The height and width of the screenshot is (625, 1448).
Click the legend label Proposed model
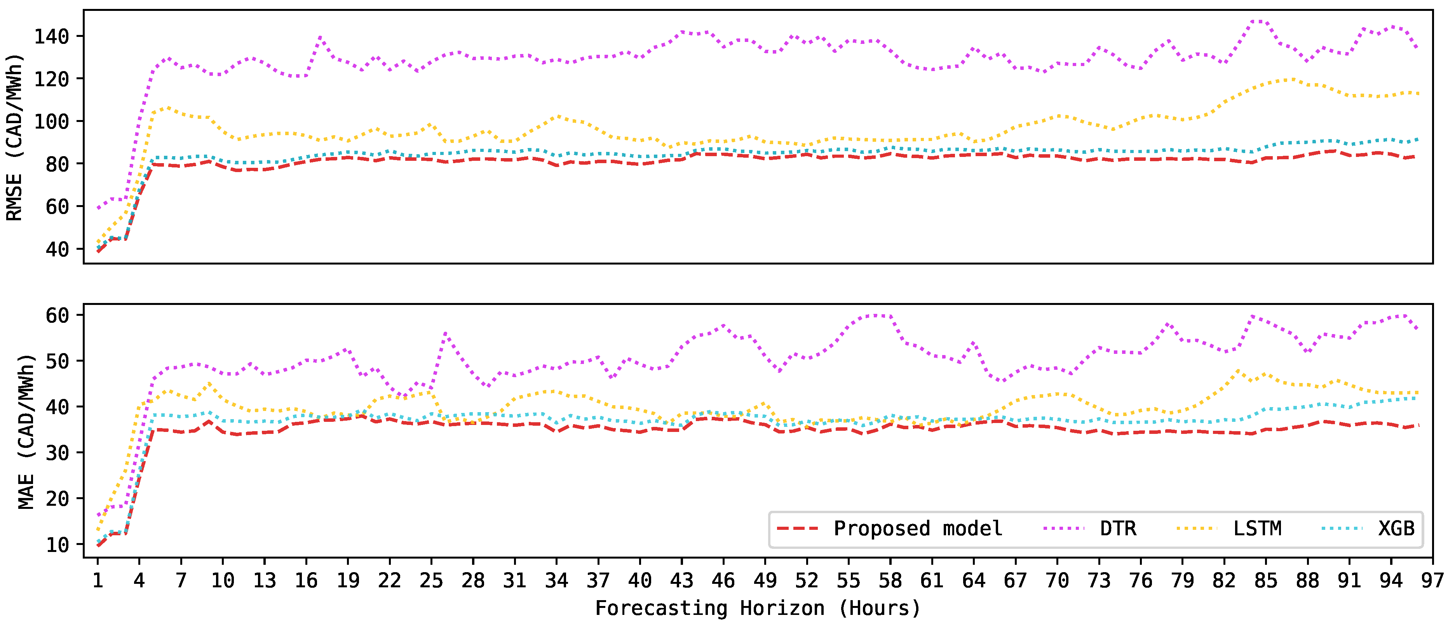pos(917,529)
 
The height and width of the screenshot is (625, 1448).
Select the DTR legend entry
pos(1117,529)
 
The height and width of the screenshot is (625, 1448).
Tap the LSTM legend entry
pos(1257,529)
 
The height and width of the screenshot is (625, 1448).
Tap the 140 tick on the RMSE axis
pos(52,37)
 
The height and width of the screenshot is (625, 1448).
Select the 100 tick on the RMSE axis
pos(52,122)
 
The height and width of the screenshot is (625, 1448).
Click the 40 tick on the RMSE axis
pos(58,249)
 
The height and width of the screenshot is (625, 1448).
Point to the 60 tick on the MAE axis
pos(58,315)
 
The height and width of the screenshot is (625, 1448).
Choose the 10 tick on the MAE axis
pos(58,544)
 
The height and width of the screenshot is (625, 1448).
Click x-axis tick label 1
pos(98,580)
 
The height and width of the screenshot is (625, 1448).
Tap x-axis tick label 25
pos(431,580)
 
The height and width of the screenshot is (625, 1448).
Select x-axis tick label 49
pos(765,580)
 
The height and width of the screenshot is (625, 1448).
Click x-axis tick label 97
pos(1432,580)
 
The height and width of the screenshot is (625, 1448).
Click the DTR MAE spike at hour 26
pos(445,333)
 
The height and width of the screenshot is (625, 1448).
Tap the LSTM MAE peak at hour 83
pos(1238,371)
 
